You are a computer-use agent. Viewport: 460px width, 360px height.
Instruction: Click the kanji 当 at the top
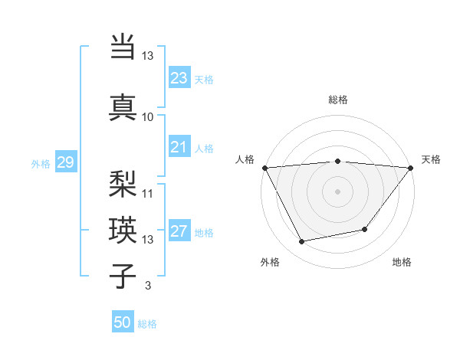click(x=123, y=46)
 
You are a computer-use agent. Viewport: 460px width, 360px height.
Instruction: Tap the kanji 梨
click(x=123, y=183)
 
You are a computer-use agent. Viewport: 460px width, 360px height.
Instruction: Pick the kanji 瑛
click(x=123, y=229)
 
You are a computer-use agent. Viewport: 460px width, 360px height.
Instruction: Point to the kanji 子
click(x=123, y=276)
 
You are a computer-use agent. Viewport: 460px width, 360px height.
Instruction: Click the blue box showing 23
click(x=179, y=78)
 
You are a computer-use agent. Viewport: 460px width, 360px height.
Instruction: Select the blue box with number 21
click(x=179, y=147)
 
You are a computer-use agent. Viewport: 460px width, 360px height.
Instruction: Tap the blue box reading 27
click(x=179, y=232)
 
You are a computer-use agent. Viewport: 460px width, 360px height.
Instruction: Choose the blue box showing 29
click(x=65, y=162)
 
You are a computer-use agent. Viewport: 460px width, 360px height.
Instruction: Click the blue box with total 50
click(x=123, y=322)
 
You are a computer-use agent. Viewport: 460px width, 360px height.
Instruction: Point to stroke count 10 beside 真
click(x=148, y=117)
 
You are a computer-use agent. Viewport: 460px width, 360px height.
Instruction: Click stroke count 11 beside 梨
click(x=148, y=193)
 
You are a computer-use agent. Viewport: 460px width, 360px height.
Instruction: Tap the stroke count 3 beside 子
click(x=147, y=286)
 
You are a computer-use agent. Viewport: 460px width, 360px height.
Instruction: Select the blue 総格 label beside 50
click(x=147, y=324)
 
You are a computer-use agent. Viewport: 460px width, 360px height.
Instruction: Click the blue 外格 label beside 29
click(x=40, y=163)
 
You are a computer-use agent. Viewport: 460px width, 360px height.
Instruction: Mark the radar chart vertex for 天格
click(x=411, y=168)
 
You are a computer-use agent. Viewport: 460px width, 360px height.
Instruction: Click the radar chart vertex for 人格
click(x=264, y=168)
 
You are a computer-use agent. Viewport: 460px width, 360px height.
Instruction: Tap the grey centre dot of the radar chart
click(x=337, y=191)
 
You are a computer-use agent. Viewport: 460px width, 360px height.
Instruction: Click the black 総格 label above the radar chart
click(x=337, y=100)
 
